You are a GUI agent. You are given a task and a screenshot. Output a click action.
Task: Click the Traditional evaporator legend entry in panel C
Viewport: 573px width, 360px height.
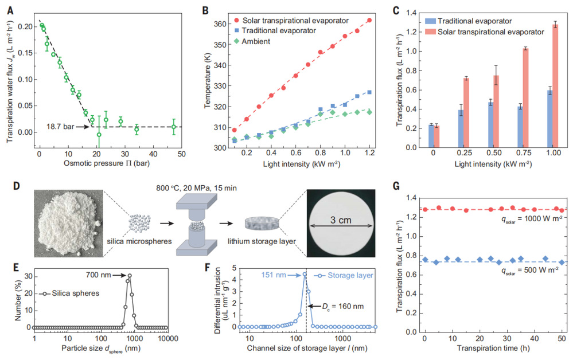point(465,20)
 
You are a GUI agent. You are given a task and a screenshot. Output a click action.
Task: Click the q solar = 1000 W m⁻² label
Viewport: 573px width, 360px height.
point(527,218)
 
